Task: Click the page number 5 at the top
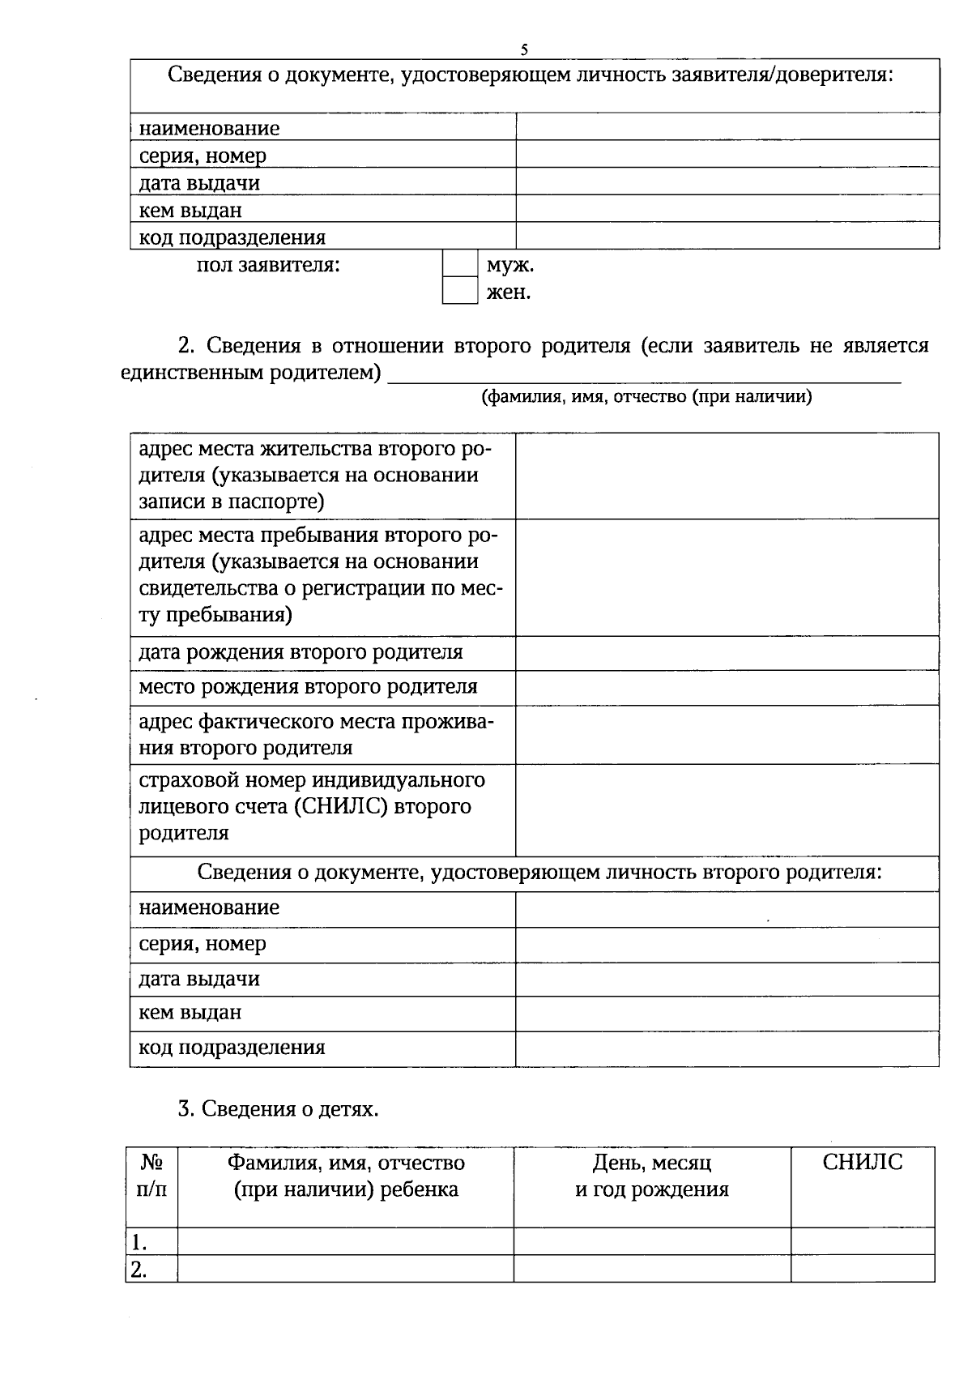coord(524,50)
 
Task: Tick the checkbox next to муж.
coord(459,264)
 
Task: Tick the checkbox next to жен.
coord(459,291)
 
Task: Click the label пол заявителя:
coord(268,265)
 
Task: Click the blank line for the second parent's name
coord(644,374)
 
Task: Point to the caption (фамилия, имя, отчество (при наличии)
coord(646,396)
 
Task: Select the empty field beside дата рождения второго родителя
coord(727,653)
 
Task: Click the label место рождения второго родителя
coord(308,687)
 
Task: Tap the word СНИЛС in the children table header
coord(862,1163)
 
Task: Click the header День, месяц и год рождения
coord(651,1176)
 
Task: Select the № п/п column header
coord(151,1176)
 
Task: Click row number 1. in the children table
coord(140,1242)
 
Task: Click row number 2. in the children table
coord(140,1270)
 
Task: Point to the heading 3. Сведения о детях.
coord(278,1108)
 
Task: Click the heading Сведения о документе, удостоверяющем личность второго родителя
coord(539,873)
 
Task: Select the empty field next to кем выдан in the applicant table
coord(727,209)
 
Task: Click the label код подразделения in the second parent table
coord(232,1048)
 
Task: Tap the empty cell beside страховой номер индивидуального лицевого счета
coord(727,809)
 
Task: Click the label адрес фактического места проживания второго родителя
coord(316,734)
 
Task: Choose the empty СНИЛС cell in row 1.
coord(862,1241)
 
